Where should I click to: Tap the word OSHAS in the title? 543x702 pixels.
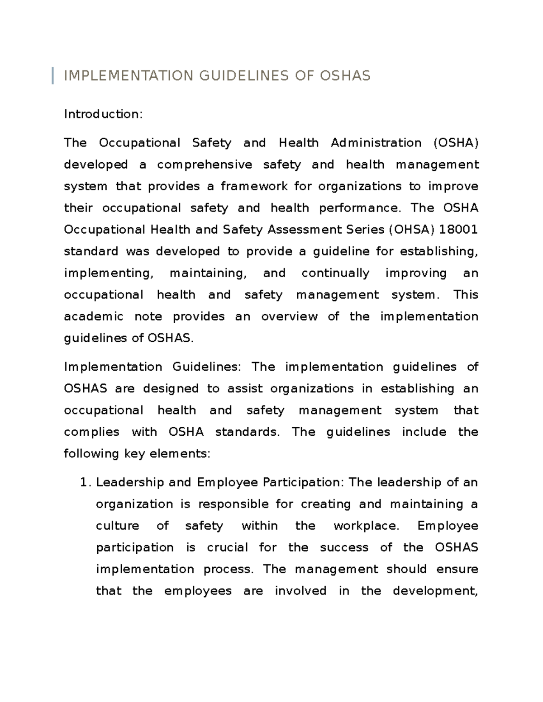click(x=345, y=75)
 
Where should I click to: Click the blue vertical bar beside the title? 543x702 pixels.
click(x=53, y=75)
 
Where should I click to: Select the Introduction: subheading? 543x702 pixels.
click(x=103, y=114)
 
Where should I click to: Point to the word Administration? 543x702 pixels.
click(x=376, y=143)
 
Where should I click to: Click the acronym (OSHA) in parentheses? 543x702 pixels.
click(x=456, y=143)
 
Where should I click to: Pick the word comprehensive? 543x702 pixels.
click(x=205, y=165)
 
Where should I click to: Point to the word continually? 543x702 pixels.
click(x=335, y=273)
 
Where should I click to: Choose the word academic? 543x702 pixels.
click(x=94, y=316)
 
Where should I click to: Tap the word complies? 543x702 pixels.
click(x=91, y=432)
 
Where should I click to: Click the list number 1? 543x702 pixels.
click(x=84, y=483)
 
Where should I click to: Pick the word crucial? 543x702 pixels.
click(x=227, y=548)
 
